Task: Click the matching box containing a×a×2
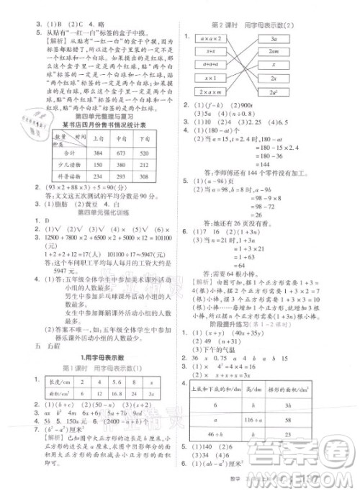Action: pos(210,37)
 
